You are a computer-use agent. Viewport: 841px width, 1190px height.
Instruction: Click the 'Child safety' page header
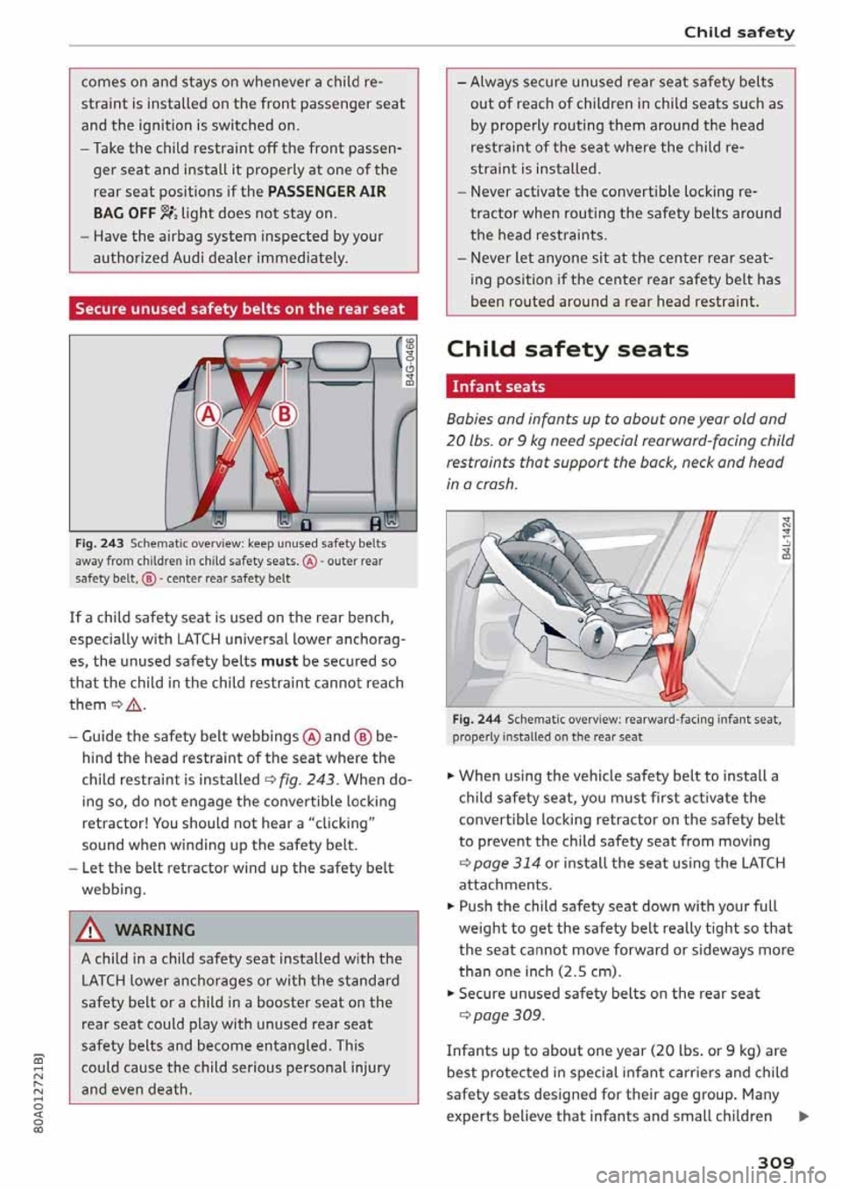point(739,32)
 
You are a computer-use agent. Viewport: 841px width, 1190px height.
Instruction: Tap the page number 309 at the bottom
point(775,1162)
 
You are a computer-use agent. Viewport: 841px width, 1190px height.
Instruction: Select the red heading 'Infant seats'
point(498,386)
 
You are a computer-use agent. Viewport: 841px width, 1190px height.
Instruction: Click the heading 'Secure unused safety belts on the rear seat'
point(240,308)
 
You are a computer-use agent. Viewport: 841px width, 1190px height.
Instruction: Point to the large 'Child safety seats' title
point(567,349)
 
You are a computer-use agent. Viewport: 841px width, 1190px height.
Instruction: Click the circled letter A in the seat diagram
point(208,413)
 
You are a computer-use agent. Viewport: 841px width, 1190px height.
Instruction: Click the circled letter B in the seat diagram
point(285,413)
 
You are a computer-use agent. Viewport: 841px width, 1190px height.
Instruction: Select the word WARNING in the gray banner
point(155,930)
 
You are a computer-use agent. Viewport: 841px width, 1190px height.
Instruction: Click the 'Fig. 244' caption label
point(476,719)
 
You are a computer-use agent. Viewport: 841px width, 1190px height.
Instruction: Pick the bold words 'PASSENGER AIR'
point(327,191)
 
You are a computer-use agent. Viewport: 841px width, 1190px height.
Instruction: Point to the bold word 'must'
point(279,661)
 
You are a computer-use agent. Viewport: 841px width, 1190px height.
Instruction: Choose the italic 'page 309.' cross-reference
point(508,1016)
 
